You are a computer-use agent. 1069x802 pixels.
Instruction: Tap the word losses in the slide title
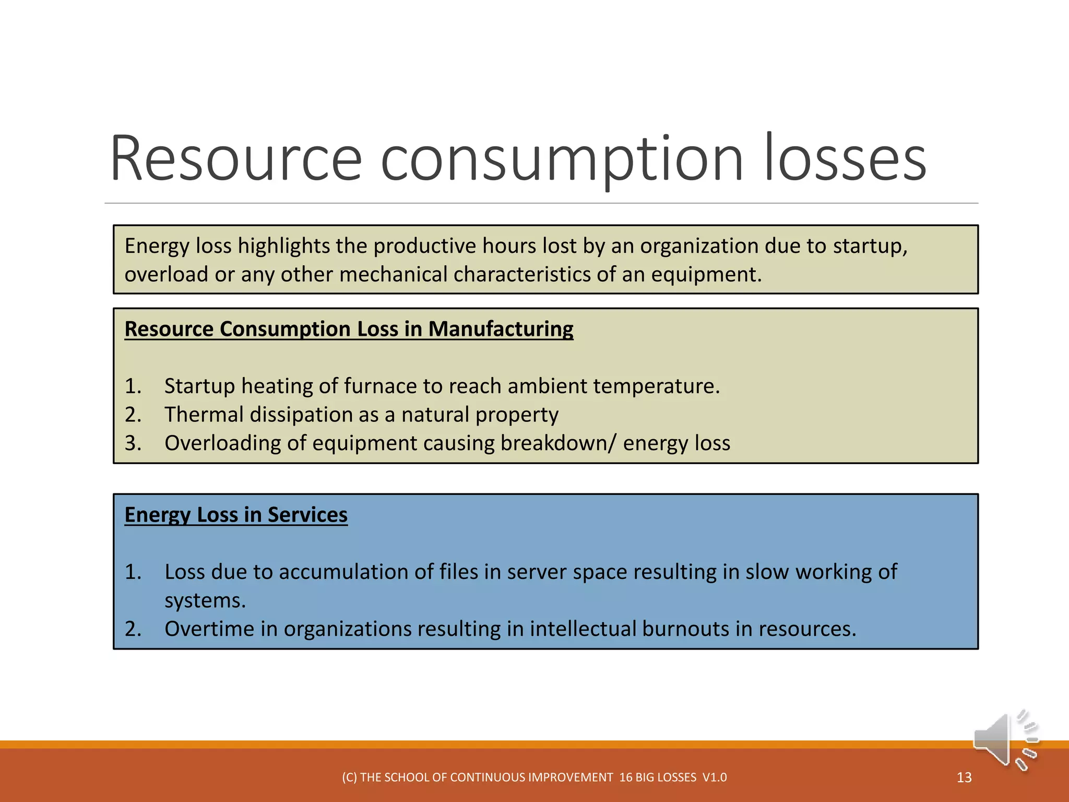tap(845, 159)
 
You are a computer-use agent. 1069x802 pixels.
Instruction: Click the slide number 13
tap(964, 777)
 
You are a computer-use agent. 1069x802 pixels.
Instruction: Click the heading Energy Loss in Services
tap(236, 515)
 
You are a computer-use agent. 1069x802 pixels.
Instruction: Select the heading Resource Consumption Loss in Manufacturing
tap(349, 329)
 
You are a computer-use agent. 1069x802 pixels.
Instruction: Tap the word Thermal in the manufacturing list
tap(204, 415)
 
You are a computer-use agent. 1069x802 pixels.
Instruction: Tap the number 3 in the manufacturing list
tap(132, 443)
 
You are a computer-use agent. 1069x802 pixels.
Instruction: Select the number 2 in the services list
tap(132, 629)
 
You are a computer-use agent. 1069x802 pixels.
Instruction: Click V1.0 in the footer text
tap(714, 777)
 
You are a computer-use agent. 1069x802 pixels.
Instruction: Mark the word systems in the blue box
tap(205, 601)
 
